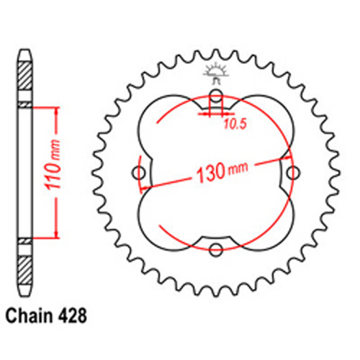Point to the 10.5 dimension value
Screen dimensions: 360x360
click(x=231, y=125)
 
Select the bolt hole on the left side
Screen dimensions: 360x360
click(x=140, y=172)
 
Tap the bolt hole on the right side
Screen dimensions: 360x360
click(x=292, y=172)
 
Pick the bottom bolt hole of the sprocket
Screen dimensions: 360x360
click(x=216, y=249)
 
